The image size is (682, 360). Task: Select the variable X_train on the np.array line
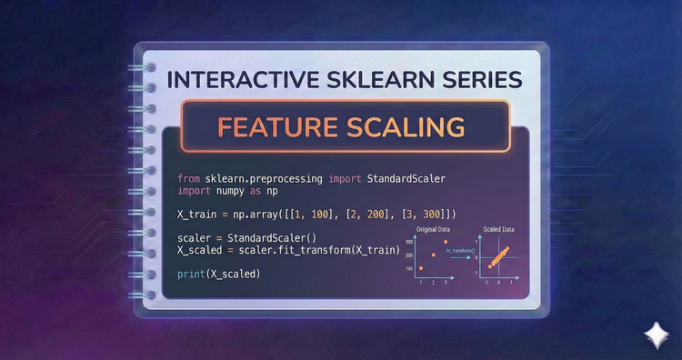click(x=202, y=214)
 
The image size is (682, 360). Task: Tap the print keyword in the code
click(x=192, y=273)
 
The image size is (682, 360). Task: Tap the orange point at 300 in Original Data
click(x=446, y=241)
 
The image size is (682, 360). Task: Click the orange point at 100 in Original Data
click(x=421, y=268)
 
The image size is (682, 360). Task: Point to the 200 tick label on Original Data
click(x=409, y=255)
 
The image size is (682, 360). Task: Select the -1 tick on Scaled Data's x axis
click(x=487, y=282)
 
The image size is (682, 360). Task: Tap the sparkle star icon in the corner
click(x=653, y=334)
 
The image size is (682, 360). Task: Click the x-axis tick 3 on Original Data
click(x=446, y=282)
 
